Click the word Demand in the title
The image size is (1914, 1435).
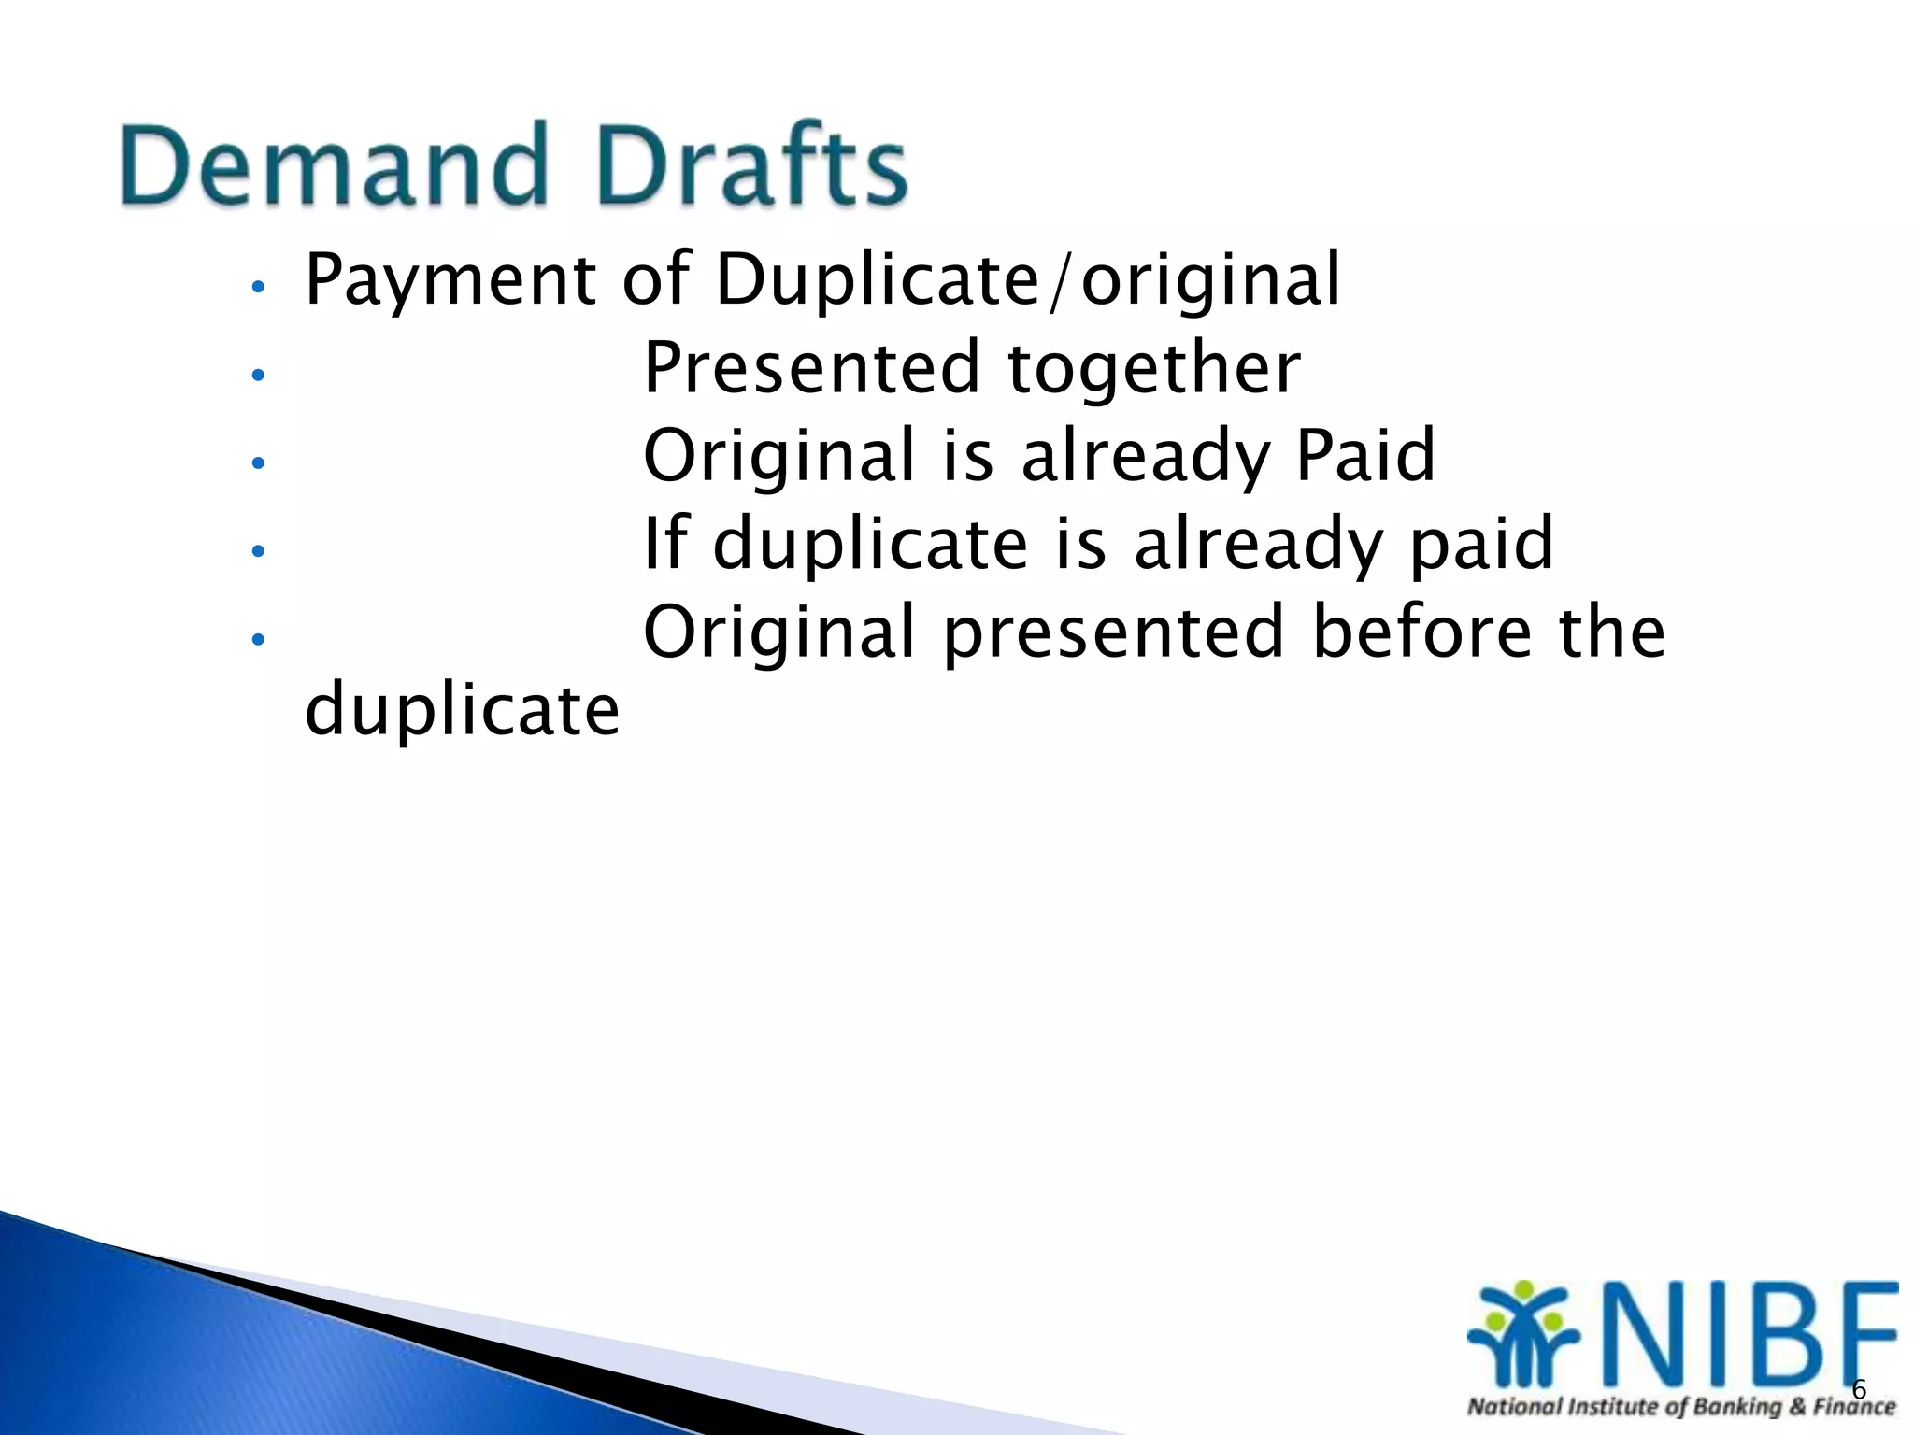coord(333,166)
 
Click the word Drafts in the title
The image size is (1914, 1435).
coord(751,166)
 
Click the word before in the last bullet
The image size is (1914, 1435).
coord(1421,632)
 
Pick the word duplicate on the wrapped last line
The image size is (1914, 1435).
coord(462,710)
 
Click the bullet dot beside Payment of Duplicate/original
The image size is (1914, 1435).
coord(259,287)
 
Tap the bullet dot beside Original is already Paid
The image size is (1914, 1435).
coord(259,462)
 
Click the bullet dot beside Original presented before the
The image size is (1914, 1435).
coord(259,639)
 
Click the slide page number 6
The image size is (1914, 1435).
coord(1858,1389)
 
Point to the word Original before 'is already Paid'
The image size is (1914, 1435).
coord(778,455)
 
